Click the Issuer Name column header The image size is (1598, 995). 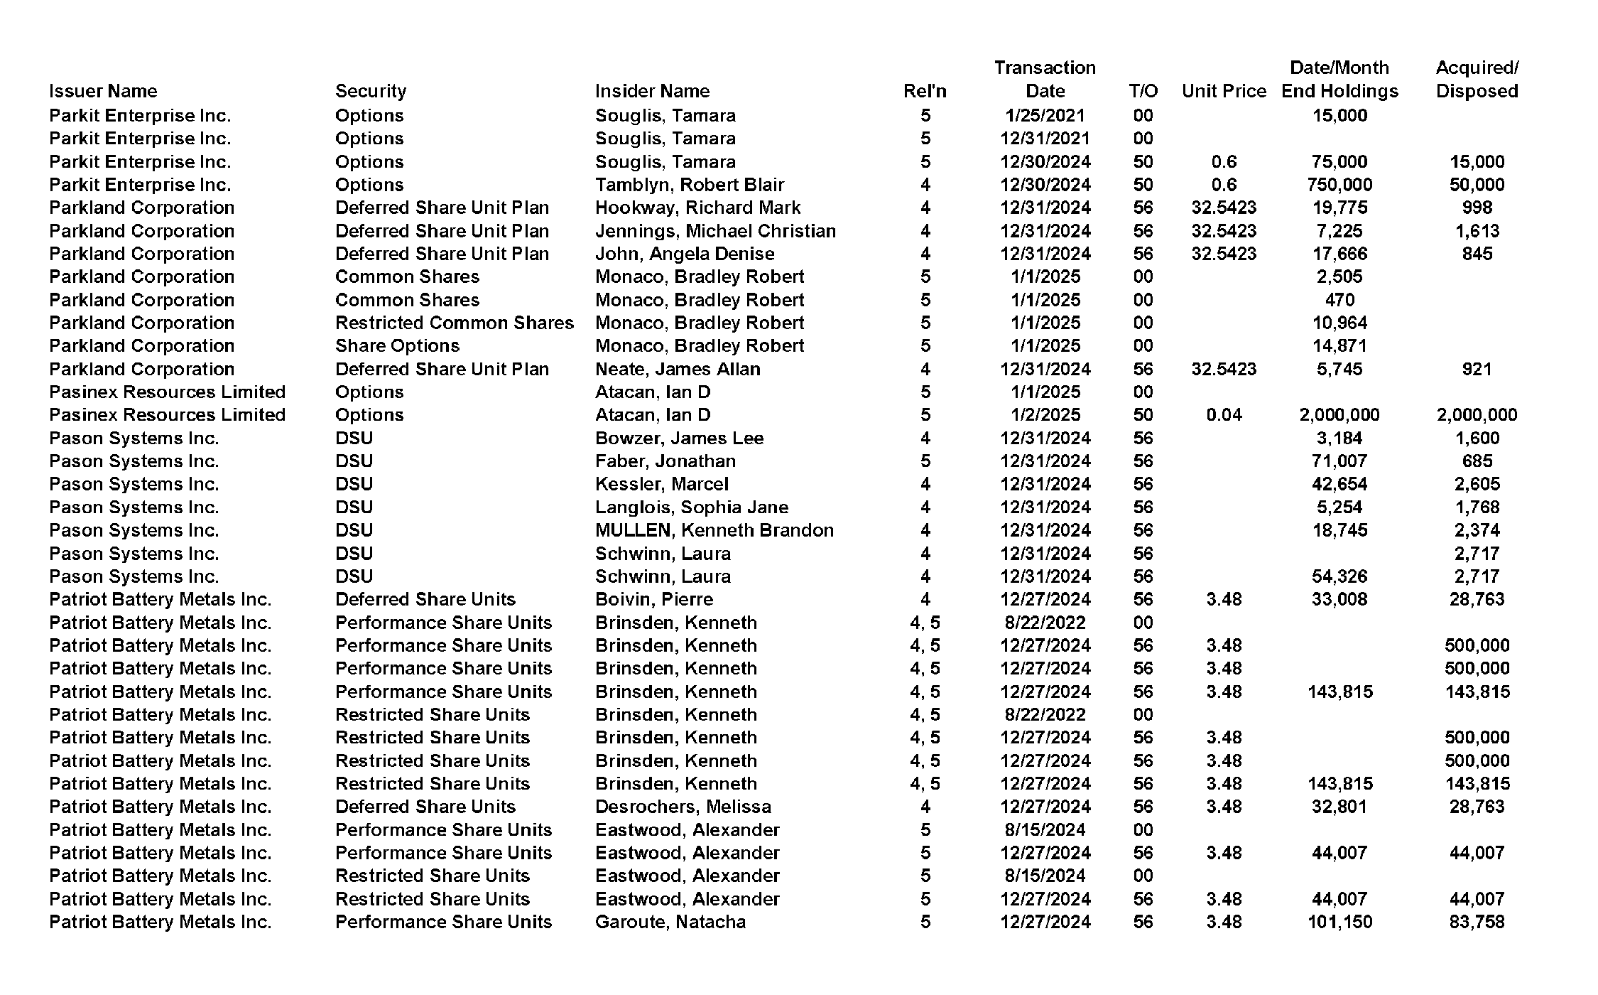coord(103,91)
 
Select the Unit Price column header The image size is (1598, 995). coord(1224,91)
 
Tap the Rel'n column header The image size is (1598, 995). coord(925,91)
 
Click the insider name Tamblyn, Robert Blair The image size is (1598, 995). coord(689,185)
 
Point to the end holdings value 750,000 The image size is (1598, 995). coord(1339,185)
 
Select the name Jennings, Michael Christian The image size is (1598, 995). coord(715,231)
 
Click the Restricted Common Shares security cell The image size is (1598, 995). coord(454,323)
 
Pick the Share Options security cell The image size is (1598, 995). coord(397,345)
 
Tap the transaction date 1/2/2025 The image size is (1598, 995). coord(1045,415)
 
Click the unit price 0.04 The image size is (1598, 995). coord(1224,415)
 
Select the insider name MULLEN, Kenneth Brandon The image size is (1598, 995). coord(714,530)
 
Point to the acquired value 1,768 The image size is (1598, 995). coord(1477,507)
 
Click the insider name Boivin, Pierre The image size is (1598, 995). coord(653,599)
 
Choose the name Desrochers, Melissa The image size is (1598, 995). coord(683,807)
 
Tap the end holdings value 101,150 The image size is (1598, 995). coord(1339,922)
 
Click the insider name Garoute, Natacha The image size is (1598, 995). coord(670,922)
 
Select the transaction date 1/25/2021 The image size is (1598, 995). coord(1045,115)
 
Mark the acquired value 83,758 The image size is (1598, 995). coord(1477,922)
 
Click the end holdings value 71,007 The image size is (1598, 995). coord(1339,461)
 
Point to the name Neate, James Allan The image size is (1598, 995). coord(677,369)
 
